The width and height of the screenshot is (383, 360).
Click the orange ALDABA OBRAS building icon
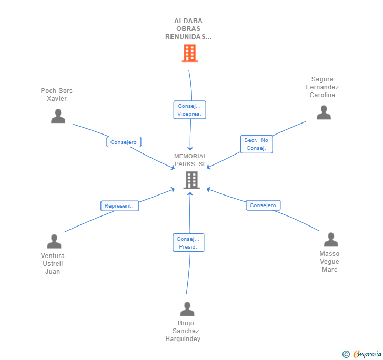pyautogui.click(x=189, y=53)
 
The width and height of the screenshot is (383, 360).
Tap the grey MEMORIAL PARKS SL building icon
pyautogui.click(x=191, y=180)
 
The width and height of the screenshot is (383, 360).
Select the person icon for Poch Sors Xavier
pyautogui.click(x=58, y=116)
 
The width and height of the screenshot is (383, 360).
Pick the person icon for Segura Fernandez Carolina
pyautogui.click(x=324, y=112)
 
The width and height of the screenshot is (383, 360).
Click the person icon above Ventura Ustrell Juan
pyautogui.click(x=54, y=242)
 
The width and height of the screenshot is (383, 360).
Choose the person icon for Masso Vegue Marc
pyautogui.click(x=330, y=240)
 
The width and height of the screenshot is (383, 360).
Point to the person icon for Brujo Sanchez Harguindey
pyautogui.click(x=187, y=309)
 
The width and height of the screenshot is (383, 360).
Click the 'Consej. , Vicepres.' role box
pyautogui.click(x=189, y=110)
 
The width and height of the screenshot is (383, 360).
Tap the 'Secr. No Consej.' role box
pyautogui.click(x=257, y=144)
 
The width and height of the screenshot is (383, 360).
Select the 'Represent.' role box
pyautogui.click(x=119, y=205)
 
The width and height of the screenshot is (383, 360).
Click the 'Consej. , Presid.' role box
pyautogui.click(x=188, y=242)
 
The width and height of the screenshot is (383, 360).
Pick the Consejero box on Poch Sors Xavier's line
pyautogui.click(x=124, y=142)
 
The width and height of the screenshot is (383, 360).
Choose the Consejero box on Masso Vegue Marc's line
pyautogui.click(x=263, y=205)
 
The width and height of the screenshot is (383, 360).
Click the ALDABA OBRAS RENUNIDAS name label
pyautogui.click(x=188, y=29)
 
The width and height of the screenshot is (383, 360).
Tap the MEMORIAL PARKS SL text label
pyautogui.click(x=190, y=160)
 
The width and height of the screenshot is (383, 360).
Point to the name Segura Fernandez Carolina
pyautogui.click(x=322, y=87)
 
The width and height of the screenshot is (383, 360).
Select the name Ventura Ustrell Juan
pyautogui.click(x=53, y=264)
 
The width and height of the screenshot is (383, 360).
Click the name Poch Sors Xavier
pyautogui.click(x=57, y=95)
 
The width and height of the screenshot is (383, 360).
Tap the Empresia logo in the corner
pyautogui.click(x=367, y=354)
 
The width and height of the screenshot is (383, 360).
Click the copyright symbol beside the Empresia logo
pyautogui.click(x=346, y=354)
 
